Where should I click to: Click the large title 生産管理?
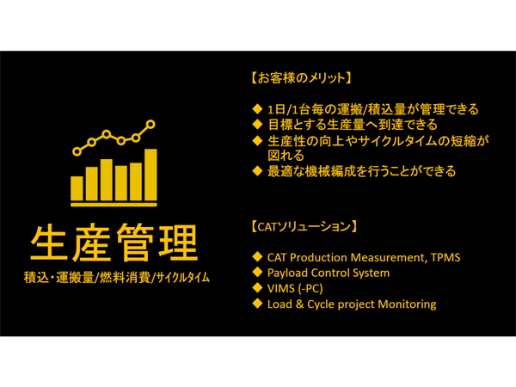point(114,243)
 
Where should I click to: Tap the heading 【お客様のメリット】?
point(301,78)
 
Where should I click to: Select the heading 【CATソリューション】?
point(304,227)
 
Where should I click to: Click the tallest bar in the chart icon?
point(150,175)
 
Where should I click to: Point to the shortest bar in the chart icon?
point(77,188)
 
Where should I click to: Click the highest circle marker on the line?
point(150,125)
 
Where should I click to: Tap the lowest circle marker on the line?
point(77,151)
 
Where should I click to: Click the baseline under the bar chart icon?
point(114,205)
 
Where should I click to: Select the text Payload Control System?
point(329,273)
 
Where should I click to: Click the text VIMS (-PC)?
point(295,289)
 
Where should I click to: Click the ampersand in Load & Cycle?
point(299,304)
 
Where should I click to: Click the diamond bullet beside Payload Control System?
point(257,272)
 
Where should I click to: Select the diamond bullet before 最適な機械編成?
point(257,171)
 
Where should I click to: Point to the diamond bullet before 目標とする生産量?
point(257,124)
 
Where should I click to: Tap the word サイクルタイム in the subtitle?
point(182,278)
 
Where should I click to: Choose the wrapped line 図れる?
point(286,156)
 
